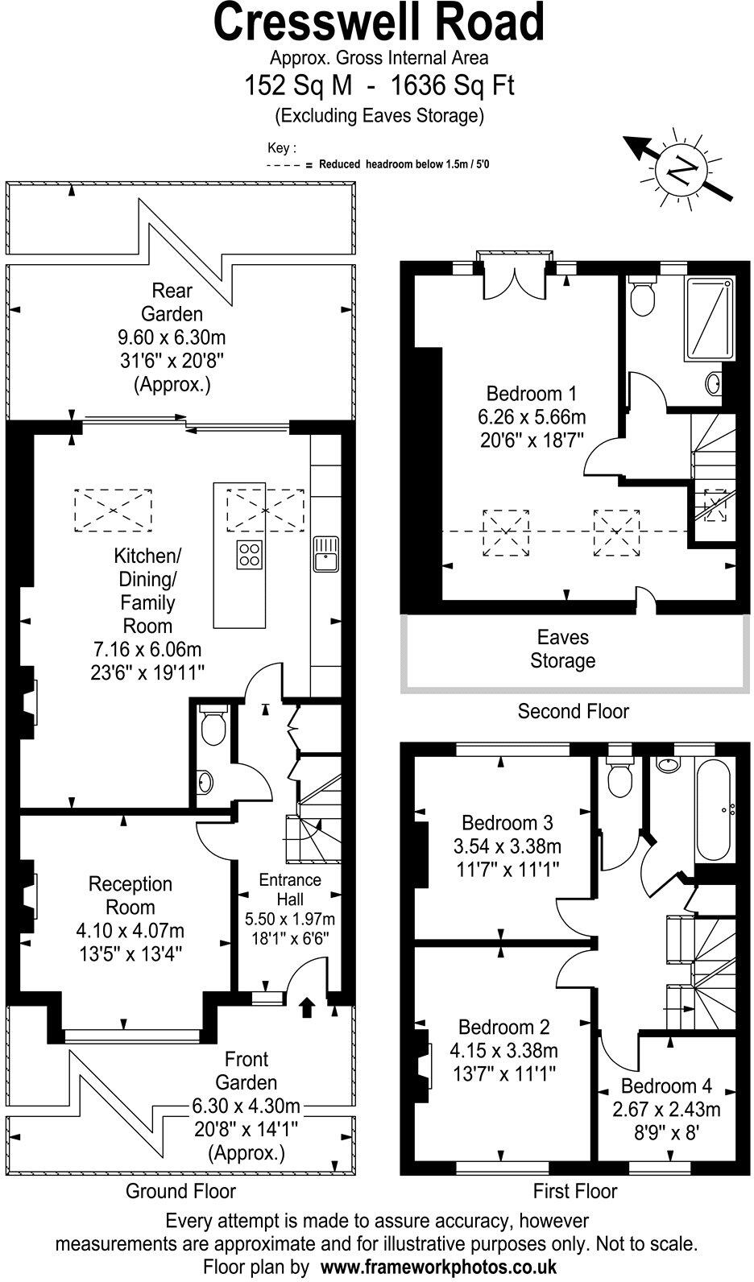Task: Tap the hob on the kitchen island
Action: tap(250, 555)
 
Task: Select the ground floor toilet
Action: tap(213, 726)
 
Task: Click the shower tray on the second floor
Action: tap(710, 319)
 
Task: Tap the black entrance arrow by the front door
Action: tap(307, 1007)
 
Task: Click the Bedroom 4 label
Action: tap(666, 1086)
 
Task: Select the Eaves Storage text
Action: tap(562, 649)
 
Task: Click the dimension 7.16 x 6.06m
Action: tap(147, 649)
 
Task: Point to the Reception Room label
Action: tap(130, 895)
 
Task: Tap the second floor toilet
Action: tap(643, 296)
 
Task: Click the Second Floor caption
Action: tap(573, 711)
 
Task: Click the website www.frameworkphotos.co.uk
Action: tap(438, 1267)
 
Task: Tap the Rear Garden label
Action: tap(172, 301)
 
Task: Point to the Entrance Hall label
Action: tap(289, 889)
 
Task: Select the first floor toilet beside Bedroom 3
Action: tap(620, 777)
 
